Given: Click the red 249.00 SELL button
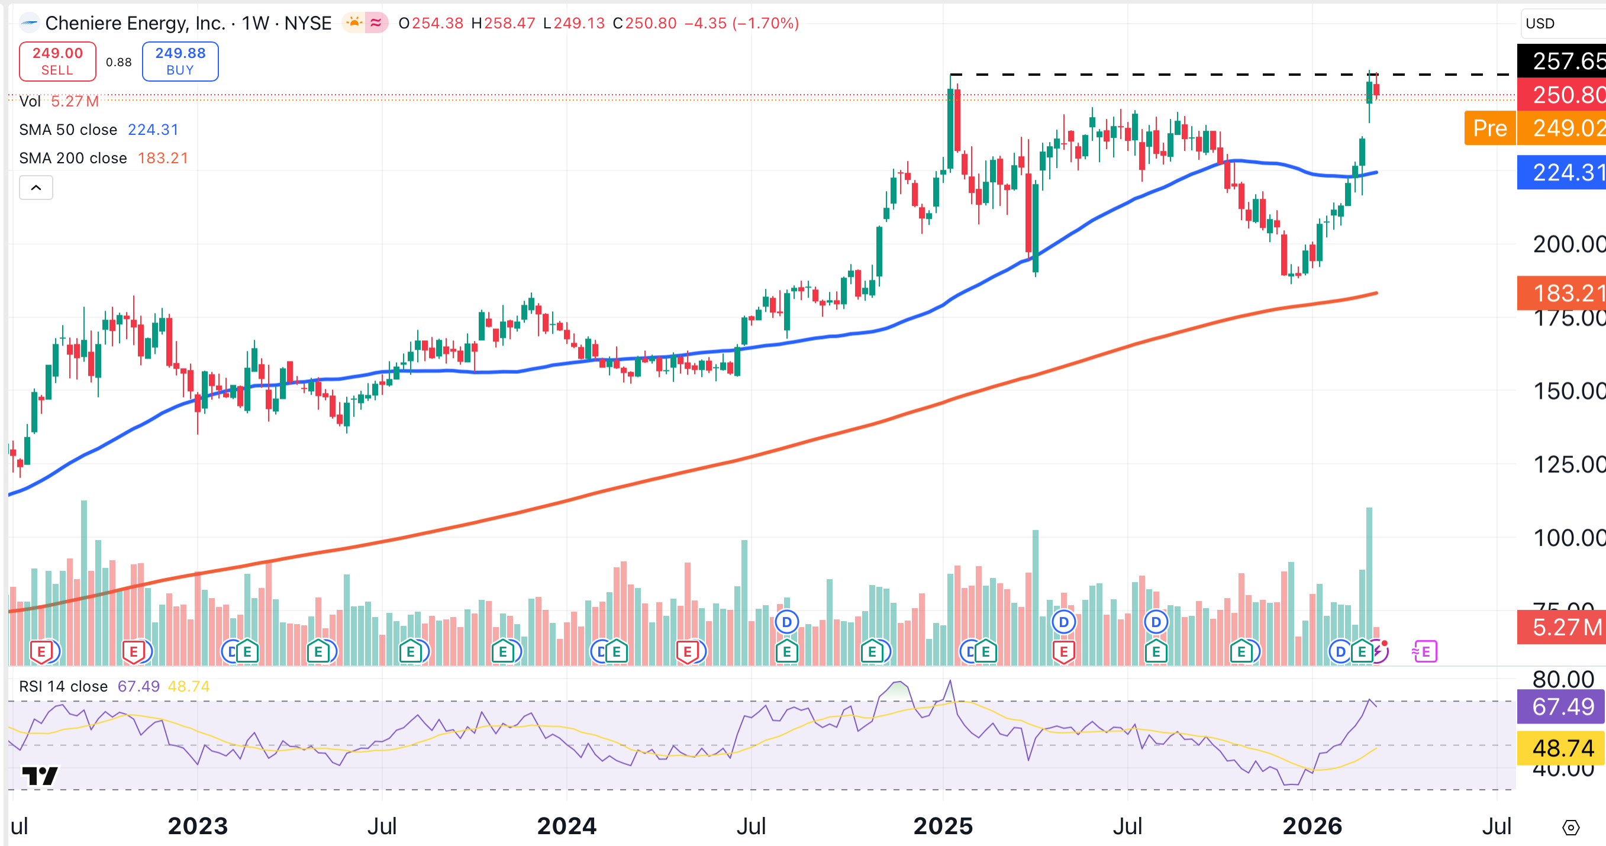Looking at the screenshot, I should [57, 61].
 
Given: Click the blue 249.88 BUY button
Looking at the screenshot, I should [180, 61].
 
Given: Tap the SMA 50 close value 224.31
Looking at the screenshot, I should [153, 130].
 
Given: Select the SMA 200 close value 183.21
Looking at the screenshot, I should [163, 159].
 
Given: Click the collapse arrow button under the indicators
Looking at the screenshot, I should [36, 188].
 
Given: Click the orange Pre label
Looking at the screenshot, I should [1489, 128].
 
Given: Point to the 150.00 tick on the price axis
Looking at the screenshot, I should [1568, 392].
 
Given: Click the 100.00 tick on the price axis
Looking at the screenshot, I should [1568, 537].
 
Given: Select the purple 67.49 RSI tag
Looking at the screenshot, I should [1561, 707].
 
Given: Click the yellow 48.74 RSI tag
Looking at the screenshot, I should [1561, 748].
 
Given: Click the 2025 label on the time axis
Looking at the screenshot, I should [943, 826].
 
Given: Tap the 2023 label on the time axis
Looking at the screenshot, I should [198, 826].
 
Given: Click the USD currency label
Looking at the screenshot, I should [1540, 24].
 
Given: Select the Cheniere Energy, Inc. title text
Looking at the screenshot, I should [136, 24].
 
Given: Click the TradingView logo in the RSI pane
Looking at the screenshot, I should [40, 776].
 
